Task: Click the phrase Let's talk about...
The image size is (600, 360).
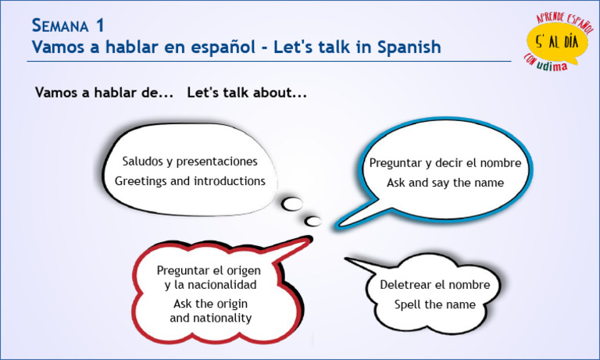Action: (x=247, y=93)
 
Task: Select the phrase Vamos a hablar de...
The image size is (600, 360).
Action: (x=104, y=93)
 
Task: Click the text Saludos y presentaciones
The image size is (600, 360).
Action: (x=190, y=162)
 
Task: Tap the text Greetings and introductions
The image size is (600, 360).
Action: (x=190, y=180)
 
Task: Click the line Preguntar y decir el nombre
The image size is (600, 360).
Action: (x=445, y=163)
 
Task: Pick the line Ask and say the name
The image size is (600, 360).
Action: (x=445, y=183)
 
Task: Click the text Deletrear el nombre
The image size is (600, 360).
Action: (x=435, y=285)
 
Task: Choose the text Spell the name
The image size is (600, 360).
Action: (x=435, y=304)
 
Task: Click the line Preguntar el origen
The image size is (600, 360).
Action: (x=209, y=269)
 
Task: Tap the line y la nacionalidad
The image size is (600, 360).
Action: (x=210, y=285)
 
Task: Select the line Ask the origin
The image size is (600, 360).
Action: (x=210, y=303)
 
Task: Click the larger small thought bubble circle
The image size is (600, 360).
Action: (x=292, y=204)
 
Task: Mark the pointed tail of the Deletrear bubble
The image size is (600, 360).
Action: (x=351, y=261)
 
